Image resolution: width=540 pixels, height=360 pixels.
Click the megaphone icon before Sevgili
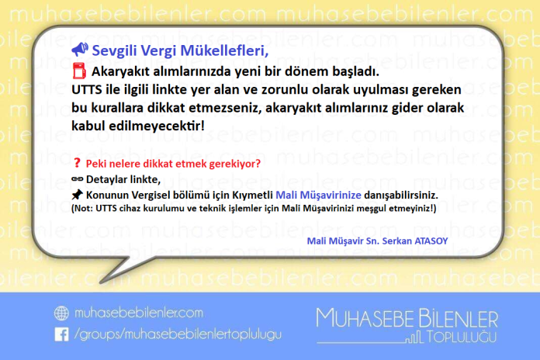(x=78, y=51)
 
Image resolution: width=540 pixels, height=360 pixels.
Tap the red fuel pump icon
(x=78, y=71)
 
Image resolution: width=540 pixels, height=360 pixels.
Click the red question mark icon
(x=77, y=164)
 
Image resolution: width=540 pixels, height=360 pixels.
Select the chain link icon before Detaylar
(x=77, y=179)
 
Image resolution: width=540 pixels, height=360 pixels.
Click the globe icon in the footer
(x=61, y=313)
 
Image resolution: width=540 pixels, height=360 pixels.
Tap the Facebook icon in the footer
(x=61, y=334)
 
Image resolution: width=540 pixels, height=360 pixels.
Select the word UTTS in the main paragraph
(x=85, y=89)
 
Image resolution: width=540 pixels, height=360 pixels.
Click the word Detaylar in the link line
(x=109, y=179)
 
